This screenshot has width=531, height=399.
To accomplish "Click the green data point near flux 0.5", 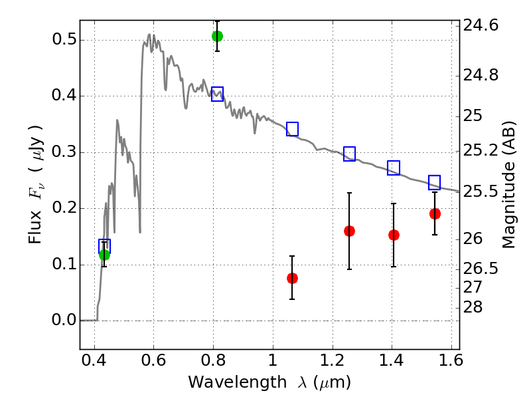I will click(217, 36).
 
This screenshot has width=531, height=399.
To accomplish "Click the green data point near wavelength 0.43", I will click(104, 255).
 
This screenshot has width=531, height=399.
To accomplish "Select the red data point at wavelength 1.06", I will click(292, 278).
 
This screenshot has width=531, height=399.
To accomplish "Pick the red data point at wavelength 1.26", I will click(349, 231).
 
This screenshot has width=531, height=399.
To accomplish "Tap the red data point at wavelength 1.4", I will click(394, 235).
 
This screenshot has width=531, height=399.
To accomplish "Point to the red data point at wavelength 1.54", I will click(435, 213).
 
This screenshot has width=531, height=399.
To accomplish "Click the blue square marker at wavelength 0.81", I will click(217, 94).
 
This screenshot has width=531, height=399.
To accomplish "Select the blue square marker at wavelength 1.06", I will click(292, 129).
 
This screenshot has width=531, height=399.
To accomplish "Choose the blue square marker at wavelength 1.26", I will click(349, 154).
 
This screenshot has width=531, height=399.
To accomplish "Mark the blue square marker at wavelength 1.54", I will click(435, 182).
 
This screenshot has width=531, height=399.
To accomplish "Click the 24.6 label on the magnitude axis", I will click(485, 26).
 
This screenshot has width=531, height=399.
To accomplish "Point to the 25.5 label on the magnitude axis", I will click(485, 192).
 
